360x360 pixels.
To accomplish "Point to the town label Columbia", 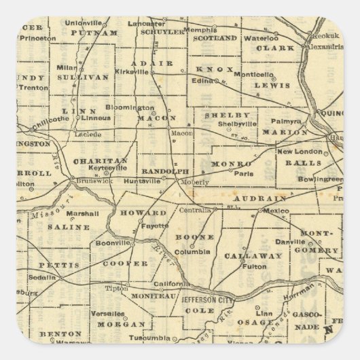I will (196, 251).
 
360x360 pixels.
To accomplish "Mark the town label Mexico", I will (276, 211).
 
